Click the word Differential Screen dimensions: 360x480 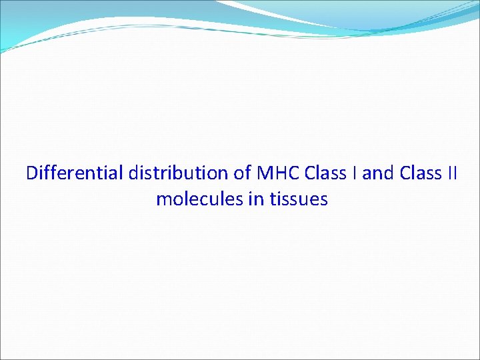74,173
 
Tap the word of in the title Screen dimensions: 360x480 241,173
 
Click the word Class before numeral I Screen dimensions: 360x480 323,173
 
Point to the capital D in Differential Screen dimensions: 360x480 32,173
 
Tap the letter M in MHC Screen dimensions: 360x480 263,173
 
